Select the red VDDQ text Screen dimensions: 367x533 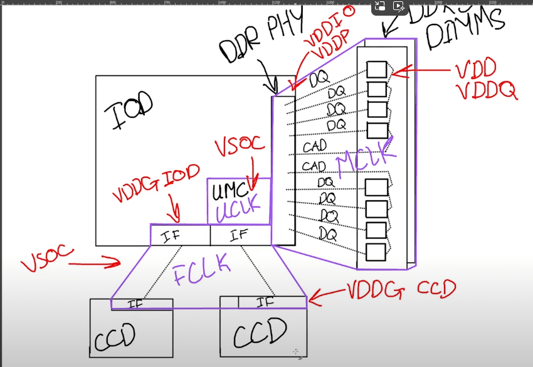[x=487, y=92]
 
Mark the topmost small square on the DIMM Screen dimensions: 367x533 [x=376, y=70]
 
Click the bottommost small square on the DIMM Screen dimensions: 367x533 [x=376, y=252]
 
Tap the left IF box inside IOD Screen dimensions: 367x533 [x=180, y=236]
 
